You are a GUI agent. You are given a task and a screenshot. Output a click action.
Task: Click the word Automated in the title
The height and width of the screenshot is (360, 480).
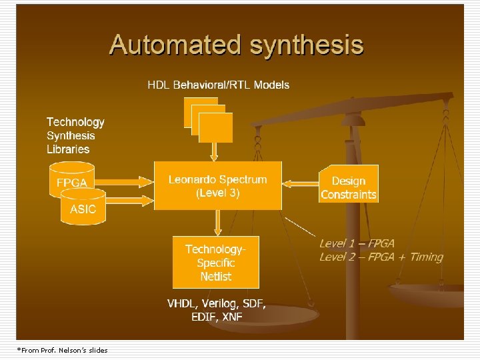(x=176, y=45)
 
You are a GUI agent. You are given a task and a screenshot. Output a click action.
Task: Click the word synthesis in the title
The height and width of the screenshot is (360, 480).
(x=306, y=45)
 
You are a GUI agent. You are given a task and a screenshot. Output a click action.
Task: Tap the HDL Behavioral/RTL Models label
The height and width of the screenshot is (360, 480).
(x=218, y=85)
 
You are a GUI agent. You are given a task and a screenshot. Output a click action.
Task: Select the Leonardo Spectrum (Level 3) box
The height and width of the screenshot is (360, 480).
(x=217, y=186)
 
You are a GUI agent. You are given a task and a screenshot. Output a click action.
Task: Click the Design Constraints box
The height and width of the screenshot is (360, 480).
(x=349, y=187)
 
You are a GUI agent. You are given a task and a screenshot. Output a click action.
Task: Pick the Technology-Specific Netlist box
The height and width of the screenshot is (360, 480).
(x=216, y=262)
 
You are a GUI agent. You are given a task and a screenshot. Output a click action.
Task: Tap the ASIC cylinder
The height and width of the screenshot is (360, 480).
(x=83, y=209)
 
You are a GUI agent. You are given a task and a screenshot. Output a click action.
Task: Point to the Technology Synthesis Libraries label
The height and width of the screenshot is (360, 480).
(x=75, y=135)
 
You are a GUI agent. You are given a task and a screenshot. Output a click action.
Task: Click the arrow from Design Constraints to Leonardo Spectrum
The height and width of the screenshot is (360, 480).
(x=301, y=181)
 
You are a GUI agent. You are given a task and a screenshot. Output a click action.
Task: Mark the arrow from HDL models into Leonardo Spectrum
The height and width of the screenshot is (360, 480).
(x=214, y=152)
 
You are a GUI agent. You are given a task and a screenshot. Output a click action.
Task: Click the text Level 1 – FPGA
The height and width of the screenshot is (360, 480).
(x=357, y=244)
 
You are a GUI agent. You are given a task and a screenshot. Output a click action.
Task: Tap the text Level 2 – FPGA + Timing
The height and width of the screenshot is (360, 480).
(x=381, y=257)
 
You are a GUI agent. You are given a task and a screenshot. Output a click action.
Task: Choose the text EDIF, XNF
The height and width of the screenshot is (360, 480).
(x=217, y=317)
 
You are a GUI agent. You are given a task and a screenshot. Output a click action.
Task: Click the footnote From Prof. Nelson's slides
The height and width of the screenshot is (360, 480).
(x=62, y=350)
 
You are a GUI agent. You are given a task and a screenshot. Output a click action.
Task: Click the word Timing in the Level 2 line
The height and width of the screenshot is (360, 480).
(x=427, y=257)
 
